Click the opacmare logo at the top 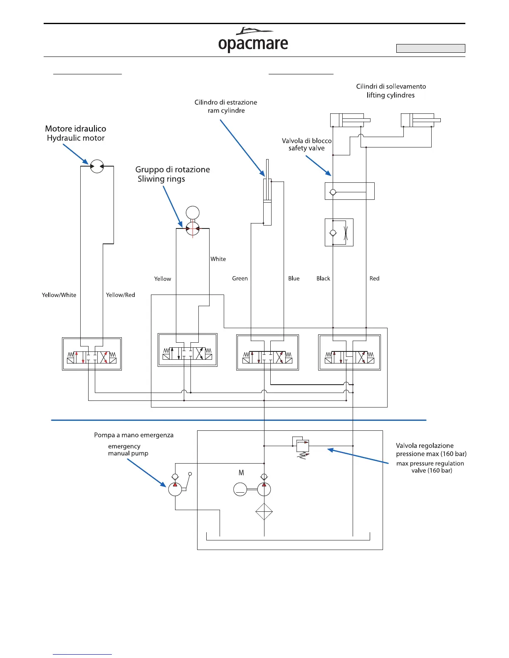pos(253,40)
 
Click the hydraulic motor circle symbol pos(97,166)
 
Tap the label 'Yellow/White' pos(59,295)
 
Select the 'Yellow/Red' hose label pos(121,295)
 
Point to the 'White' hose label pos(218,259)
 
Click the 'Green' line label pos(240,278)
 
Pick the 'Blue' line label pos(294,278)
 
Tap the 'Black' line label pos(323,278)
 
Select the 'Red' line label pos(374,278)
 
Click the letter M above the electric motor pos(241,473)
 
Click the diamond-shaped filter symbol pos(264,511)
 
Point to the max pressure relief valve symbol pos(303,446)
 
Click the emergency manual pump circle pos(175,489)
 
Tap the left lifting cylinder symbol pos(347,120)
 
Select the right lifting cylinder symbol pos(418,120)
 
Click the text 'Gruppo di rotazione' pos(173,169)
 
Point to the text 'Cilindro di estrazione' pos(226,102)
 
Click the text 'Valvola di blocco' pos(306,141)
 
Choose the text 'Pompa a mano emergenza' pos(133,435)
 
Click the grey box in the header pos(430,48)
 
